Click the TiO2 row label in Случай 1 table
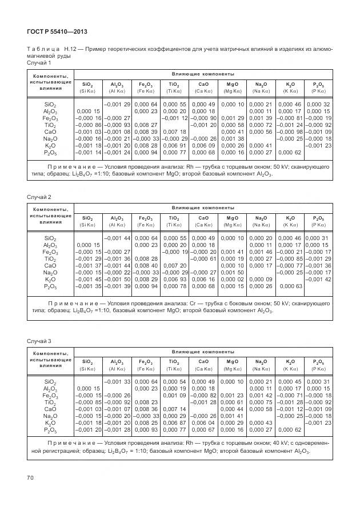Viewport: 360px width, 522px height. point(50,124)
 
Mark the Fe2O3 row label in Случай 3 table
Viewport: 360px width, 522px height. point(50,395)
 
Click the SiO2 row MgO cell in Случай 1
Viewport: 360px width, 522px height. point(233,104)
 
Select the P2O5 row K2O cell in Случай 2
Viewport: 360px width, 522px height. point(289,285)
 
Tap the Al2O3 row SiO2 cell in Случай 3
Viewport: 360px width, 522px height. point(89,388)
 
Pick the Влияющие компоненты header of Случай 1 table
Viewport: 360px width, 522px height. point(203,74)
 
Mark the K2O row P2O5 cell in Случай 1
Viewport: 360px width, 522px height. point(318,146)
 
